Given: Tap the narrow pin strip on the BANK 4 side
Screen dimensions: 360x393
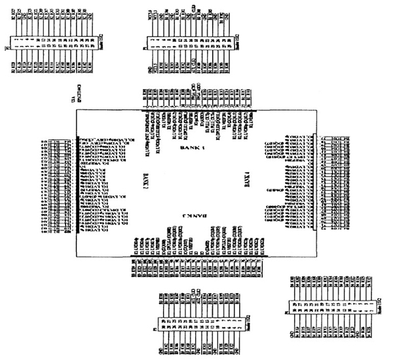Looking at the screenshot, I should pos(318,184).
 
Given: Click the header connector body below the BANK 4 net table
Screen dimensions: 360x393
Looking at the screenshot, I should pos(327,306).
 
